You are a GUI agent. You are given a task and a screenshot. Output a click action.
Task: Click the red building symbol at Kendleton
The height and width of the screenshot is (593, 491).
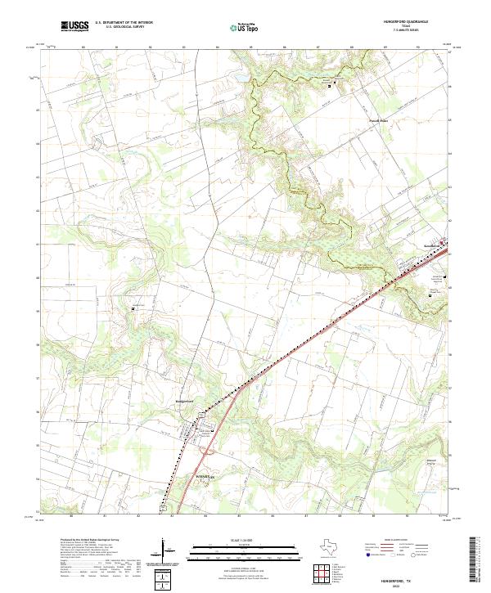(444, 242)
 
